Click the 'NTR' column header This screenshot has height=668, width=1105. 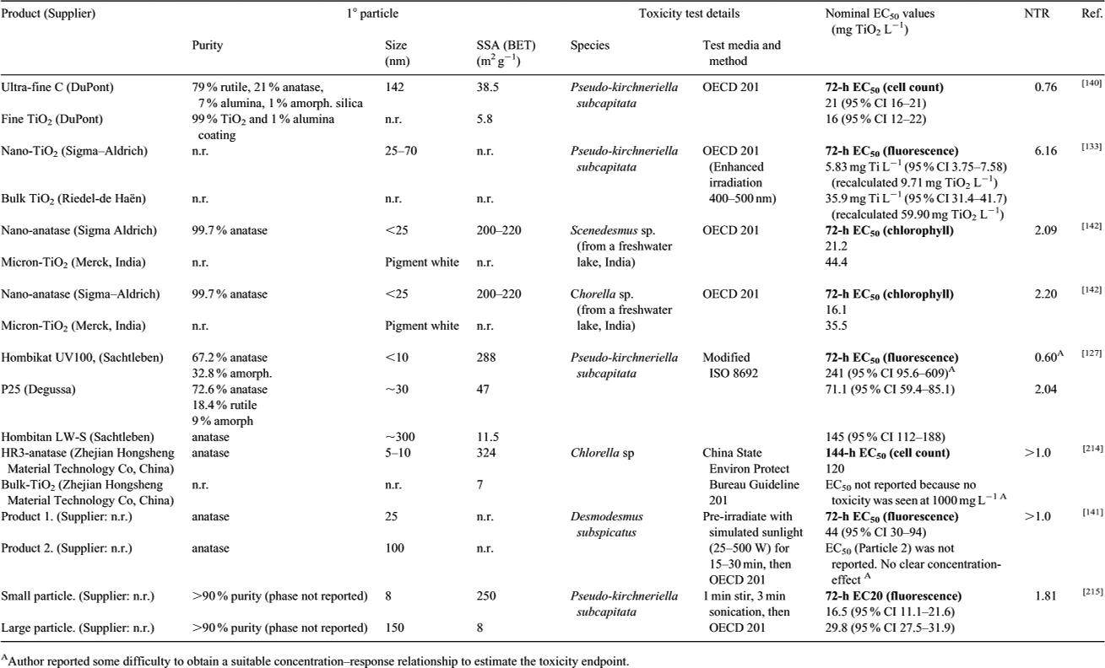pos(1037,13)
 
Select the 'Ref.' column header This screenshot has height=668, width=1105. pos(1091,13)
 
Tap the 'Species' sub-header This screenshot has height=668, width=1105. pos(590,46)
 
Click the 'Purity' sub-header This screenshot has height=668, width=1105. pos(207,46)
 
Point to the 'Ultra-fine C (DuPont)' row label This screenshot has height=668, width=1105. pos(57,87)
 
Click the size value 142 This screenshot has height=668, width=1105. pos(394,87)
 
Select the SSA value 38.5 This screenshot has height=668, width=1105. pos(487,87)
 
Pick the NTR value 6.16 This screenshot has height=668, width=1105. pos(1046,151)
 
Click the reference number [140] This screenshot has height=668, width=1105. pos(1091,83)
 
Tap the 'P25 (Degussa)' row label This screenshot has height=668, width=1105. pos(38,390)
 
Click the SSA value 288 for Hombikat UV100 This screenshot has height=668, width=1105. pos(486,358)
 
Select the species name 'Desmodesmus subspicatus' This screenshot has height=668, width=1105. pos(607,525)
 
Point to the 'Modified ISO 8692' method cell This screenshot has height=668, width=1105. pos(730,365)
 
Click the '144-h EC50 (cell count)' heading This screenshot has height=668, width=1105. pos(887,454)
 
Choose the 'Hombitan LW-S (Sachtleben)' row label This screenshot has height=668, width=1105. pos(78,437)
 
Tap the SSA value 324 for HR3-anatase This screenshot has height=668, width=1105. pos(486,453)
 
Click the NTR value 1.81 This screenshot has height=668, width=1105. pos(1046,596)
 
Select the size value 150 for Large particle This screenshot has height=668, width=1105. pos(394,628)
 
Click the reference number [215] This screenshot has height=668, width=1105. pos(1091,592)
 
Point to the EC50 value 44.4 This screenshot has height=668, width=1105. pos(837,262)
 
